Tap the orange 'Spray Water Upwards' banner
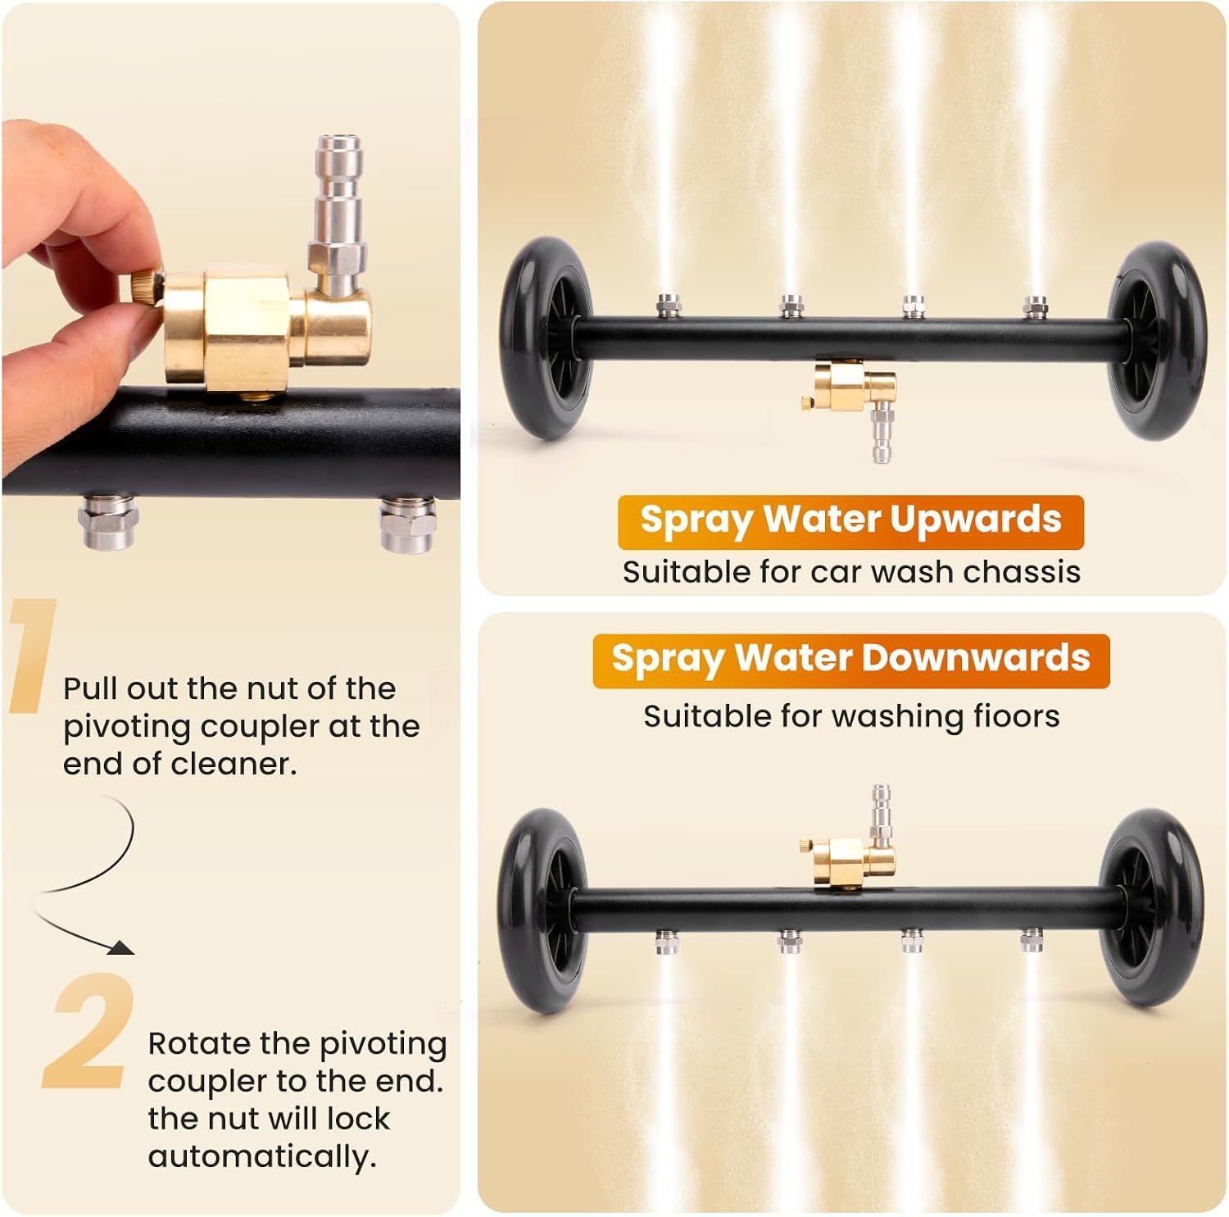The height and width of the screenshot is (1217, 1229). point(850,521)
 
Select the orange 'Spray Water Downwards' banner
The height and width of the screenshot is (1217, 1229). point(850,661)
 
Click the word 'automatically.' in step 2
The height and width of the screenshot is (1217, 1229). point(262,1156)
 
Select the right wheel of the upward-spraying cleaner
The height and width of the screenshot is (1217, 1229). point(1157,341)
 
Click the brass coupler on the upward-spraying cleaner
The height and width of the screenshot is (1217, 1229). point(849,386)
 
